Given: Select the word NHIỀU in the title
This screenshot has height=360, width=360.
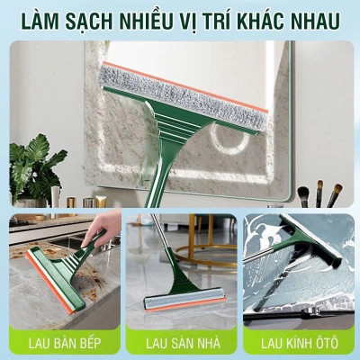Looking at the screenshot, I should pyautogui.click(x=153, y=20).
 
